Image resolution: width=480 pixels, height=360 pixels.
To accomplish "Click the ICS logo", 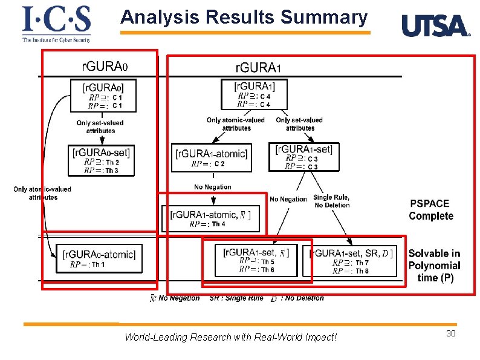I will pyautogui.click(x=56, y=24).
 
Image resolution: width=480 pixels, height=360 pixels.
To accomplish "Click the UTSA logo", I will pyautogui.click(x=435, y=26).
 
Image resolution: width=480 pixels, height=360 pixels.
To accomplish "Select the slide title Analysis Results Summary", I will pyautogui.click(x=244, y=18).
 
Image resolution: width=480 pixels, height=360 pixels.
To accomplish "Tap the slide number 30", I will pyautogui.click(x=450, y=335).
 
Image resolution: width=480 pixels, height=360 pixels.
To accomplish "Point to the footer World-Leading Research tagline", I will pyautogui.click(x=230, y=337).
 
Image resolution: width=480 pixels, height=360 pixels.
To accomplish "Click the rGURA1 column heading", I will pyautogui.click(x=258, y=65).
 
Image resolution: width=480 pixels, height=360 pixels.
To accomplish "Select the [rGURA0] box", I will pyautogui.click(x=100, y=96).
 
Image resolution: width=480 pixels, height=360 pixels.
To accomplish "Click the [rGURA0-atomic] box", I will pyautogui.click(x=99, y=258).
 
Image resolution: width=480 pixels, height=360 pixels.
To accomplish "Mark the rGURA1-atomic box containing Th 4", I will pyautogui.click(x=210, y=218).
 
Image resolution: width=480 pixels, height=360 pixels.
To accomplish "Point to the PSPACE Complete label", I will pyautogui.click(x=430, y=210).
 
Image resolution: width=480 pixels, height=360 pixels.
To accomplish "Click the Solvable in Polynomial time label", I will pyautogui.click(x=433, y=266).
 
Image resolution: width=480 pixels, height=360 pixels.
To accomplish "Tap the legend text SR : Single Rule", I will pyautogui.click(x=236, y=298).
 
